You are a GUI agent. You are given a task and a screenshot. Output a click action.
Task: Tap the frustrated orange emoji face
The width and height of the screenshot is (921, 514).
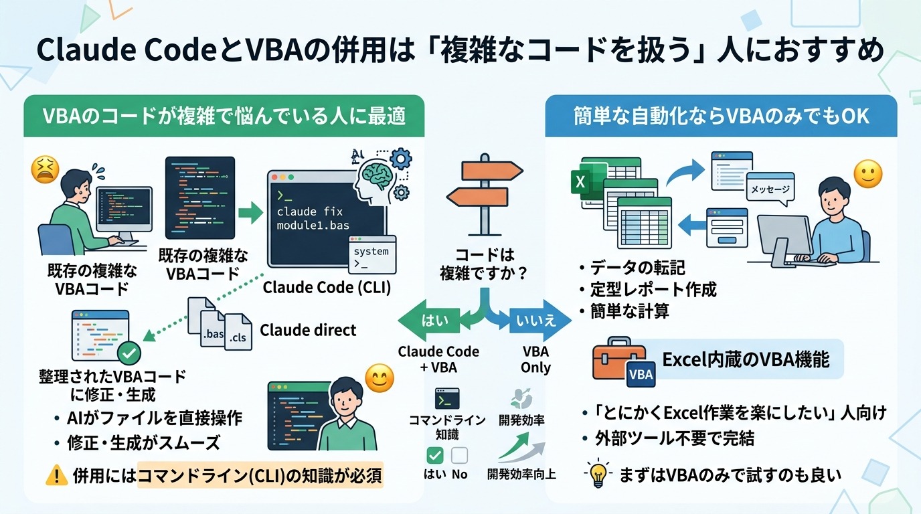[46, 171]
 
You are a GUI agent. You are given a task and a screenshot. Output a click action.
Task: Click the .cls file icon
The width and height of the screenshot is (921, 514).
[238, 333]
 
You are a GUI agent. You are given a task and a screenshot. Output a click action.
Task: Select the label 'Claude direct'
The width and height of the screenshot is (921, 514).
[308, 330]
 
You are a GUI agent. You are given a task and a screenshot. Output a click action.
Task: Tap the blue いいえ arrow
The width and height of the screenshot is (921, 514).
[536, 322]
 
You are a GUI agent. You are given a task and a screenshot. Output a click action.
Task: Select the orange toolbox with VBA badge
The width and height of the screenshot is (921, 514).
[622, 364]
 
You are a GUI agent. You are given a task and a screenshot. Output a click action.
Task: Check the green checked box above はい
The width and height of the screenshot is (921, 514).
[434, 456]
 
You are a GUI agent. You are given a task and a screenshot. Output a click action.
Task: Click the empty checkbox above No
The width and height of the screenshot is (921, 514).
[459, 456]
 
